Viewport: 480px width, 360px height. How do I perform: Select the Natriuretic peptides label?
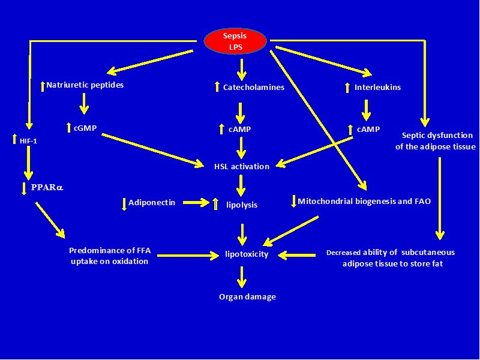tap(85, 85)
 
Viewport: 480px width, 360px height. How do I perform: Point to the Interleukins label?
tap(377, 88)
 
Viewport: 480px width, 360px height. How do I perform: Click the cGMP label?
tap(85, 127)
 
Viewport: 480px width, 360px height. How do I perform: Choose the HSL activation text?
tap(242, 166)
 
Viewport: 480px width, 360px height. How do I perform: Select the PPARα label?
tap(47, 187)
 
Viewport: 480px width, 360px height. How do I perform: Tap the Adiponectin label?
tap(152, 203)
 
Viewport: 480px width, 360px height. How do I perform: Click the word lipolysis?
tap(242, 205)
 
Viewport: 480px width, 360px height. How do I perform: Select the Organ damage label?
tap(247, 296)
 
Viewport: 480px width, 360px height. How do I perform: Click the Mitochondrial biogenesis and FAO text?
tap(364, 202)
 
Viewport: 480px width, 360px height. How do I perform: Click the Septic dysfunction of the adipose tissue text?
tap(435, 141)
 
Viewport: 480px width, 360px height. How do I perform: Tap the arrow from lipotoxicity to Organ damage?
tap(242, 275)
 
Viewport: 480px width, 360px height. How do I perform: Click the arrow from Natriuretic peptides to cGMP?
tap(84, 104)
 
